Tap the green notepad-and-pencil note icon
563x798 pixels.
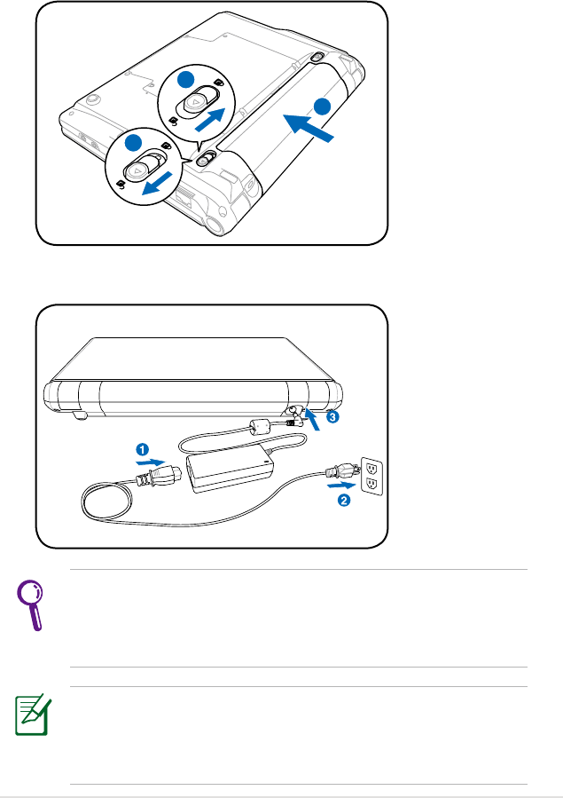point(33,716)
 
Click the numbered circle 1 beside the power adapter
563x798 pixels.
point(141,447)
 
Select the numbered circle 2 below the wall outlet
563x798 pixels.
point(344,501)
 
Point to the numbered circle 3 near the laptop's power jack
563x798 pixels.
point(331,416)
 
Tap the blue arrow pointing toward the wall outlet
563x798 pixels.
point(340,485)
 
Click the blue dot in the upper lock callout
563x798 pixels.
point(184,80)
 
